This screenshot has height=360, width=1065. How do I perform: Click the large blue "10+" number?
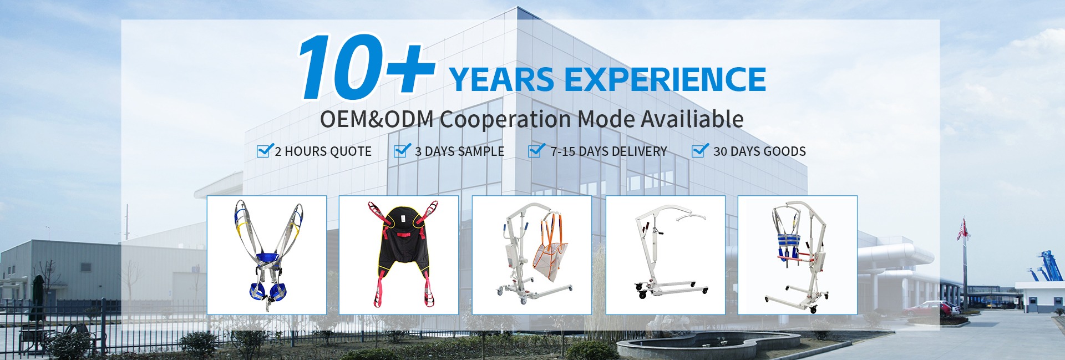coord(366,67)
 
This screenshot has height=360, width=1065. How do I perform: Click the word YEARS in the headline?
coord(501,79)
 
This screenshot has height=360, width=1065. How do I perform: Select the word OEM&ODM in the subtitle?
coord(377,119)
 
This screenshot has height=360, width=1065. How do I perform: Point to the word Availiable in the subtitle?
coord(692,119)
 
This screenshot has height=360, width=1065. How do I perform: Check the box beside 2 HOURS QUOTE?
coord(265,150)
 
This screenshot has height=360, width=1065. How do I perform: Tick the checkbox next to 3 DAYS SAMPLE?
coord(402,150)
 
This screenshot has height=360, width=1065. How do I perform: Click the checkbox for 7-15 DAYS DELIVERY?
coord(536,150)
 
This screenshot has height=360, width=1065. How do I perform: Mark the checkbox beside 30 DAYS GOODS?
coord(700,150)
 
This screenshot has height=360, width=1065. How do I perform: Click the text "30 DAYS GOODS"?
coord(759,151)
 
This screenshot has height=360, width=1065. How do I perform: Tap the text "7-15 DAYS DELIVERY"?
coord(608,151)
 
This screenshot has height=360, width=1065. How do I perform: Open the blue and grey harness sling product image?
coord(267,255)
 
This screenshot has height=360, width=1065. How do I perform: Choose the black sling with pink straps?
coord(399,255)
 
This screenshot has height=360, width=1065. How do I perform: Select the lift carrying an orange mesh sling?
coord(532,255)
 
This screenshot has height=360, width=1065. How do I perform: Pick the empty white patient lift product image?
coord(666,255)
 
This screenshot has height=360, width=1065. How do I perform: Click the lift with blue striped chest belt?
coord(798,255)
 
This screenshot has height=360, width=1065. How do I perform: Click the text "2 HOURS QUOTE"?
coord(323,151)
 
